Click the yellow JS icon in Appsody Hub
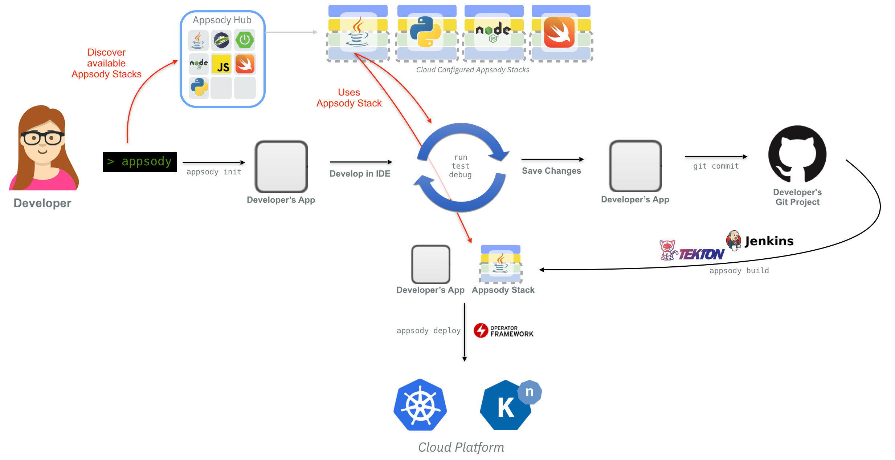(x=222, y=64)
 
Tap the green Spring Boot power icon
(x=245, y=40)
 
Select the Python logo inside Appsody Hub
(x=199, y=87)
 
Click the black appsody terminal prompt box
(x=140, y=162)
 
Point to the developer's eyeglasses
(x=42, y=138)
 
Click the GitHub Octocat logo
(x=797, y=154)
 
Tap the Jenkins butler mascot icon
(x=734, y=240)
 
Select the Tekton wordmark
(x=702, y=254)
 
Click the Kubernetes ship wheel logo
(x=420, y=405)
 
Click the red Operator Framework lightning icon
(x=481, y=330)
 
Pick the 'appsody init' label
(x=214, y=172)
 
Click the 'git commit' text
(x=716, y=166)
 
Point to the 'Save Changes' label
(x=551, y=171)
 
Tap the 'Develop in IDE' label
(x=360, y=174)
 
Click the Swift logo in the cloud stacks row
(x=559, y=32)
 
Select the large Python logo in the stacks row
(x=425, y=32)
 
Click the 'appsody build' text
(x=739, y=271)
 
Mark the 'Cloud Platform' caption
(x=461, y=447)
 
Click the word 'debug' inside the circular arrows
(x=460, y=175)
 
